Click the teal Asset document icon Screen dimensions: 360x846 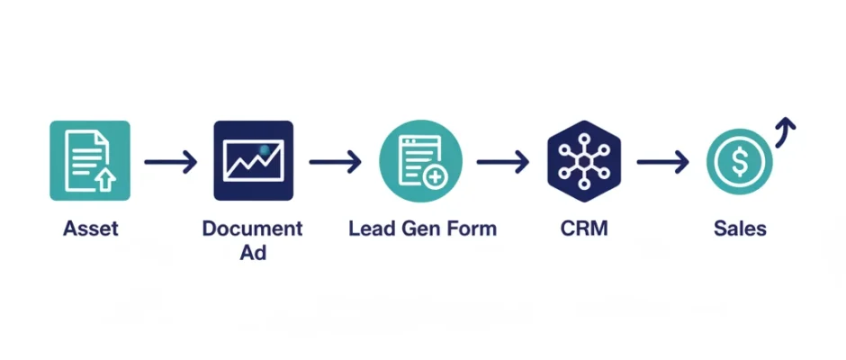[x=90, y=160]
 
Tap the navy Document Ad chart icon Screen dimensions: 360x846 [x=253, y=160]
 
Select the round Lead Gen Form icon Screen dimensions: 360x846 [x=420, y=160]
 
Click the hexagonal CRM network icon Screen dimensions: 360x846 [x=584, y=160]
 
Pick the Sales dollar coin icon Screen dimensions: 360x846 [x=740, y=162]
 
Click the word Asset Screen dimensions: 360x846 [x=90, y=229]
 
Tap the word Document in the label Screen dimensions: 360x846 [x=253, y=229]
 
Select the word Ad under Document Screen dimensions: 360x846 [x=253, y=253]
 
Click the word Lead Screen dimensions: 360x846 [x=370, y=229]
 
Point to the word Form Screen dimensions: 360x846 [x=472, y=229]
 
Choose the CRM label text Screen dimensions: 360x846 [x=583, y=229]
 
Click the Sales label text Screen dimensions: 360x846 [x=740, y=229]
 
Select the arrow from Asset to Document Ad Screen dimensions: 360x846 [x=170, y=162]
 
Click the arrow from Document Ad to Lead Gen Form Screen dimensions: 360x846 [x=335, y=162]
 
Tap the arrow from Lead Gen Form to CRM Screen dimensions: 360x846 [x=502, y=162]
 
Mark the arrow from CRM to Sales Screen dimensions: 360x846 [x=662, y=162]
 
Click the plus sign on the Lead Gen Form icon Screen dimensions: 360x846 [x=436, y=176]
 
